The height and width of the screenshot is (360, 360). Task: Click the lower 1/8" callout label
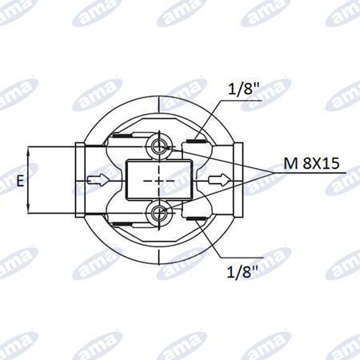click(242, 271)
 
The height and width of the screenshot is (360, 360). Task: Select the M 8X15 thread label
click(311, 163)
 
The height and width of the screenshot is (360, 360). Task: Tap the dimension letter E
click(20, 181)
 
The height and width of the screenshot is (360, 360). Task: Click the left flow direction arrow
click(98, 180)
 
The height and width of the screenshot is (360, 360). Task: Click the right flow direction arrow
click(219, 180)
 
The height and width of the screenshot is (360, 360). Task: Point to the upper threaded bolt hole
click(159, 146)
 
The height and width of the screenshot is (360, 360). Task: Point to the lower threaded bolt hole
click(159, 213)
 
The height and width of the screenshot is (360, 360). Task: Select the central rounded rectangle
click(159, 179)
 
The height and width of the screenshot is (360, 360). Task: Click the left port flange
click(80, 180)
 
